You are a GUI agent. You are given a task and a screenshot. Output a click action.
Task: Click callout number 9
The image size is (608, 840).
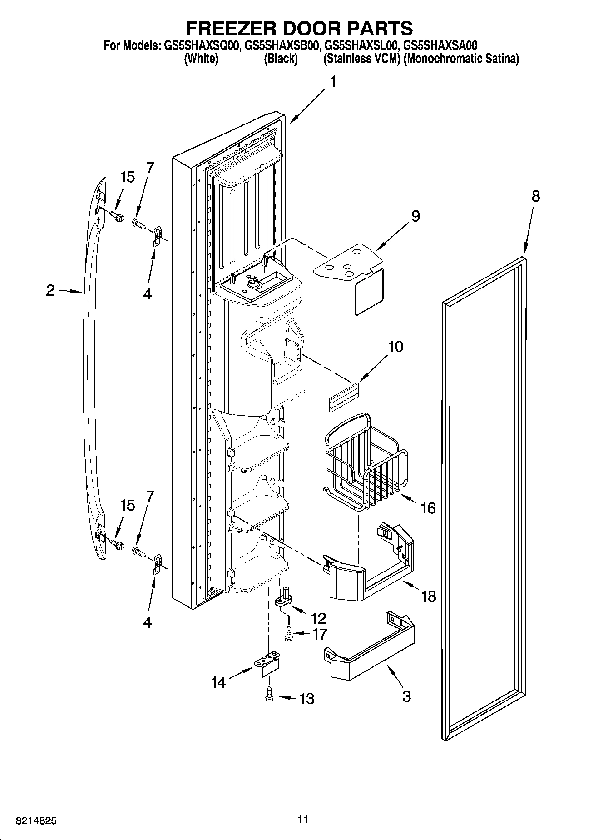click(x=415, y=216)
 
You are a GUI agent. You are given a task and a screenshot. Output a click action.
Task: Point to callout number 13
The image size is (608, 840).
click(x=307, y=698)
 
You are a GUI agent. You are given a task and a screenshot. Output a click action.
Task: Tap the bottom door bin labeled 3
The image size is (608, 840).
click(x=370, y=652)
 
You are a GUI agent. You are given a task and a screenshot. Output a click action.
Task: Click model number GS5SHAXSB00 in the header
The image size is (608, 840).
click(x=284, y=46)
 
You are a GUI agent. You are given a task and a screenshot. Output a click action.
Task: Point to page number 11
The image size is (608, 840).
click(x=303, y=819)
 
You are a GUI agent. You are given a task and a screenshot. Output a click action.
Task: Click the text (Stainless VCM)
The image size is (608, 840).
click(x=361, y=59)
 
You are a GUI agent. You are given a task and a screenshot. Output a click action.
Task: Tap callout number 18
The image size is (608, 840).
click(x=428, y=596)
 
